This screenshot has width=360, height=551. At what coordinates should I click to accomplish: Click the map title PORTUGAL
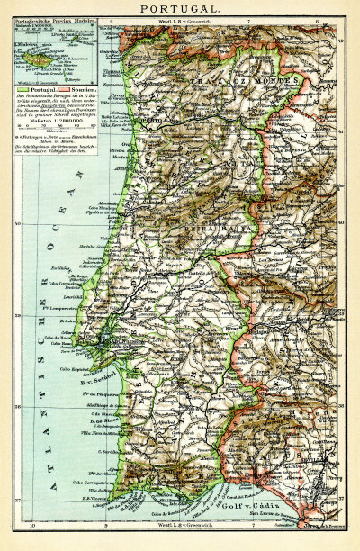point(179,8)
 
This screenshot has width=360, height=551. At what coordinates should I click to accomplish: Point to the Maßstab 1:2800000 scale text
point(52,119)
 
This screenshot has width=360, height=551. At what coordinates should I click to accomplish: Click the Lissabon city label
point(106,342)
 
